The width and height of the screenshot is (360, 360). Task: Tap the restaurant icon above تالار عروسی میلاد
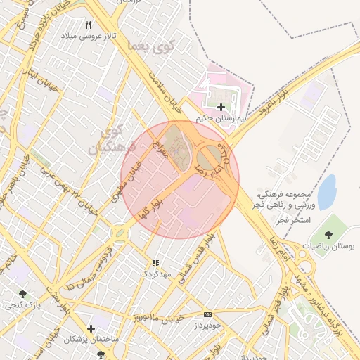click(88, 25)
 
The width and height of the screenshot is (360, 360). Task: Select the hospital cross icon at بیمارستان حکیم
click(221, 107)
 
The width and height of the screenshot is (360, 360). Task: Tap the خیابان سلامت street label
click(161, 93)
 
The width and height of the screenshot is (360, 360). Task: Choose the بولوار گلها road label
click(152, 203)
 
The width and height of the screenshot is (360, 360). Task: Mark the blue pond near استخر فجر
click(326, 192)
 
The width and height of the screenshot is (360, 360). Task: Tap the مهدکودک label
click(156, 274)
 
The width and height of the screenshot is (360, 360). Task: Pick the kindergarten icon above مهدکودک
click(155, 263)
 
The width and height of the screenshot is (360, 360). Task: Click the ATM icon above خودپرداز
click(207, 314)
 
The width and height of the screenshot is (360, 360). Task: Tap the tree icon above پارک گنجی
click(23, 294)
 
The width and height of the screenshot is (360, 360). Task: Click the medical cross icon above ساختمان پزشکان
click(91, 328)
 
